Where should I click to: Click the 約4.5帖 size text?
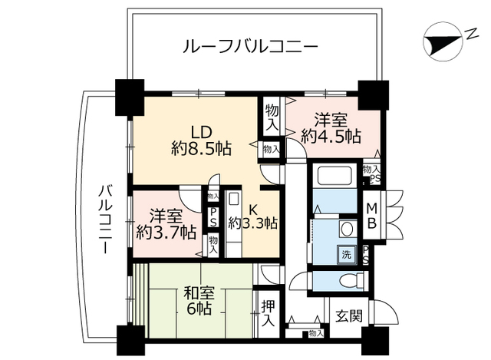coord(331,137)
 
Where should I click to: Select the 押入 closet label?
coord(266,313)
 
